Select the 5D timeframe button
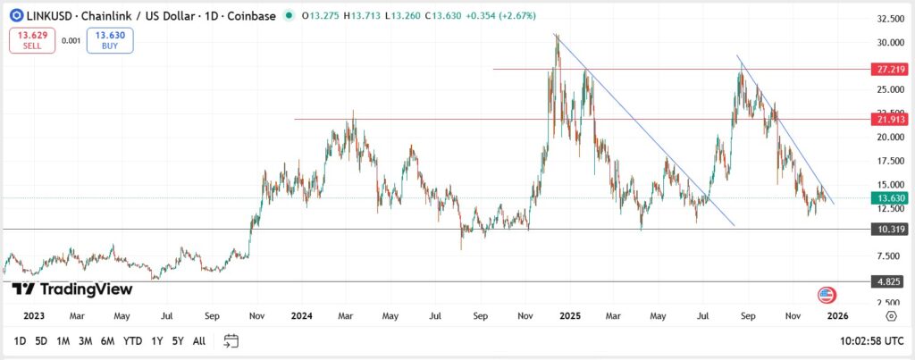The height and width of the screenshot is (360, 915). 41,340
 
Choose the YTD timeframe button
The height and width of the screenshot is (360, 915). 132,340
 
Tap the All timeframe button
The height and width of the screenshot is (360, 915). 199,340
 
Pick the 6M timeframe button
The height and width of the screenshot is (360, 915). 107,340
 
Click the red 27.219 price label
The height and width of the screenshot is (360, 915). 889,69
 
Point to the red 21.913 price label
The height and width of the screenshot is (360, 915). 889,119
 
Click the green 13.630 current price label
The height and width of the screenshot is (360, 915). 889,198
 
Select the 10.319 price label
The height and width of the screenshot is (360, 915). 889,230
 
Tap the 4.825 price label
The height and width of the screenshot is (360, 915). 889,281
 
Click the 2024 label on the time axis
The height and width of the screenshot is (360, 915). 301,315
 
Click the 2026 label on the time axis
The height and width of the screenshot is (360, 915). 836,315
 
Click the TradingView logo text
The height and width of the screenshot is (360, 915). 73,289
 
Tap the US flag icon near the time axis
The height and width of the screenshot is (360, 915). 827,296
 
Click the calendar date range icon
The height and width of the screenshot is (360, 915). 231,340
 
